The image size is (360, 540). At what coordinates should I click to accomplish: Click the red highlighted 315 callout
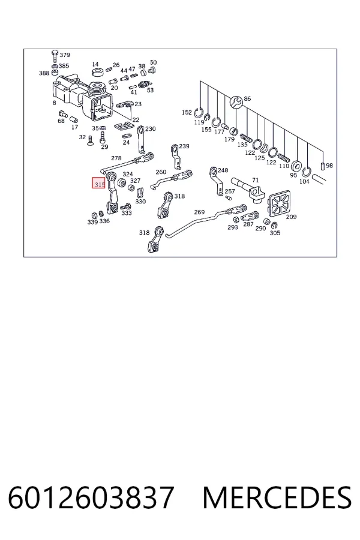coord(98,183)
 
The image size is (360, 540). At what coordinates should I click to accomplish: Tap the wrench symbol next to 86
coord(236,102)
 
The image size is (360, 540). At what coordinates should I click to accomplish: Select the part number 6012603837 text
coord(91,497)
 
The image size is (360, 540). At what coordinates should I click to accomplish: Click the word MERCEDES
coord(277,497)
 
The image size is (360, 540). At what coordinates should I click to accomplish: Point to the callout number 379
coord(65,55)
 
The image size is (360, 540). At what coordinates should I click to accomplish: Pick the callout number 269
coord(199,212)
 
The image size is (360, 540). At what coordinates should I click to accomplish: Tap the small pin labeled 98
coord(322,166)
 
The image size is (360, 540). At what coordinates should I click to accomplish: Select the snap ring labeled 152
coord(199,112)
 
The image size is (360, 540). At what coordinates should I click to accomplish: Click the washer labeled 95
coord(296,166)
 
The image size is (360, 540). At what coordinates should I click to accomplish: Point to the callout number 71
coord(255,180)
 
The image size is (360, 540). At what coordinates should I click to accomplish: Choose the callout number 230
coord(151,129)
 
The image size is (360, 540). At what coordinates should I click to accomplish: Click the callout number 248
coord(223,170)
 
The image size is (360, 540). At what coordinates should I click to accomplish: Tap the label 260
coord(161,172)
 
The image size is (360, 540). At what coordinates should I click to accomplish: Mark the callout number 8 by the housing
coord(55,103)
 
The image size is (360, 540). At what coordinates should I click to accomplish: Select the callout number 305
coord(275,233)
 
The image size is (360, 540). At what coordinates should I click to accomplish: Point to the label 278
coord(116,158)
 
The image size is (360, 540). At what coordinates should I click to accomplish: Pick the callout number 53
coord(150,90)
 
